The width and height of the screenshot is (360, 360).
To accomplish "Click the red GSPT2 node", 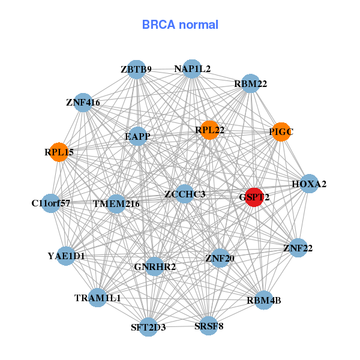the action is click(x=254, y=197).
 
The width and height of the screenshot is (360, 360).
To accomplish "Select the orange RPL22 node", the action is click(x=209, y=130).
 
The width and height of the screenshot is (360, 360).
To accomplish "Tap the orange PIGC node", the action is click(x=281, y=132).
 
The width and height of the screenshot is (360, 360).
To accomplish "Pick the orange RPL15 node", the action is click(x=59, y=152).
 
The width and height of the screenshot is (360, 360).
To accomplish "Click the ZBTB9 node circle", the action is click(x=136, y=70).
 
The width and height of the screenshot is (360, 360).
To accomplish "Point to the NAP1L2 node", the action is click(x=192, y=69).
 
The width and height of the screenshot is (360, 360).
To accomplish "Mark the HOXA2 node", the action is click(x=309, y=184).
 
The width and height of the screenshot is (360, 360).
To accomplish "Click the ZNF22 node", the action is click(x=298, y=248).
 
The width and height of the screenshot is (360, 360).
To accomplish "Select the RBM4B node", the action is click(x=263, y=300).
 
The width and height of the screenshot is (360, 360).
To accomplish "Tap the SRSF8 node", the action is click(x=208, y=326).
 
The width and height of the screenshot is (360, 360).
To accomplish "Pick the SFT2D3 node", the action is click(x=148, y=327).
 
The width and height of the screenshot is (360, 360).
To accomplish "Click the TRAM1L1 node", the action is click(x=98, y=298).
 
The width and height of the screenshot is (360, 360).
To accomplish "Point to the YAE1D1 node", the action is click(x=67, y=256).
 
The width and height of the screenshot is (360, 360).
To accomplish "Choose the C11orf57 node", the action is click(x=51, y=203).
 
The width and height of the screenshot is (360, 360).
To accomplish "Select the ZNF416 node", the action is click(x=83, y=103).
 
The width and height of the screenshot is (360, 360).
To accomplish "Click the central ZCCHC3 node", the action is click(x=185, y=194).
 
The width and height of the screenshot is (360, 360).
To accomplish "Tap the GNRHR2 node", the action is click(x=155, y=266).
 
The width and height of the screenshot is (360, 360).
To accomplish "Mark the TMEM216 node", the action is click(x=116, y=204).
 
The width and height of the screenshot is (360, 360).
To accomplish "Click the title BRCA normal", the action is click(x=180, y=25).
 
